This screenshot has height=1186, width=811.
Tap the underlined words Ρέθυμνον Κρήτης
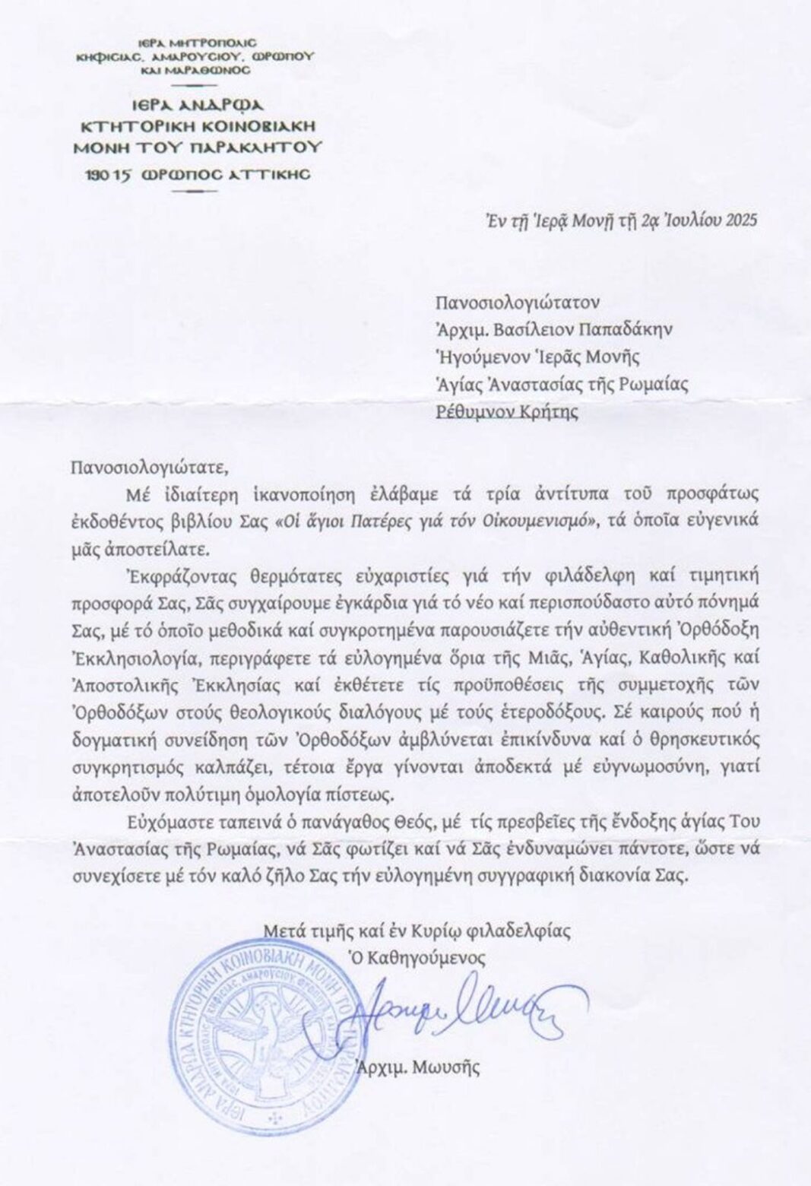(506, 412)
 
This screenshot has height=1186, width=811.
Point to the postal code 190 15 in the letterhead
(113, 175)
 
